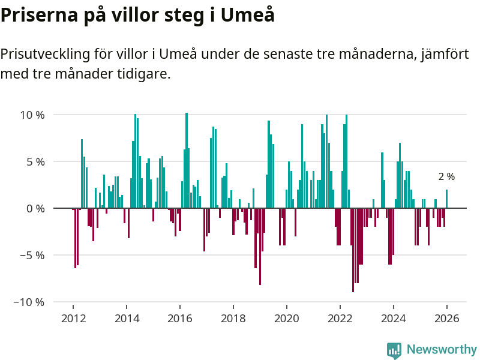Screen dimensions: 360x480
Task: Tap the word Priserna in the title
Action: [x=38, y=14]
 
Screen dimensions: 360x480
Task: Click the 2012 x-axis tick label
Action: [x=73, y=319]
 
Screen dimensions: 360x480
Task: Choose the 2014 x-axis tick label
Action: [x=127, y=319]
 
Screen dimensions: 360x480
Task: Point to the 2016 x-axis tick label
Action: [x=180, y=319]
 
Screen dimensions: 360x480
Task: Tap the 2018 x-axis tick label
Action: [x=233, y=319]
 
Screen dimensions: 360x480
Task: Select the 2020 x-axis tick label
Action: [x=287, y=319]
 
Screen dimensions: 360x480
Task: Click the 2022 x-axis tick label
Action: [x=340, y=319]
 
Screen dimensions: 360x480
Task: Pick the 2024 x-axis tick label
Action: [x=394, y=319]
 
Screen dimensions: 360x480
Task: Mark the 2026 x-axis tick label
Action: [x=447, y=319]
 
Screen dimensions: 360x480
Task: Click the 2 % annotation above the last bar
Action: [x=446, y=177]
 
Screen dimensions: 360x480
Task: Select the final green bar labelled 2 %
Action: [x=446, y=199]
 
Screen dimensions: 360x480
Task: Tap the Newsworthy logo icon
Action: [x=394, y=350]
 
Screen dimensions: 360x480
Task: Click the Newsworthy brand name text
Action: [x=442, y=349]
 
